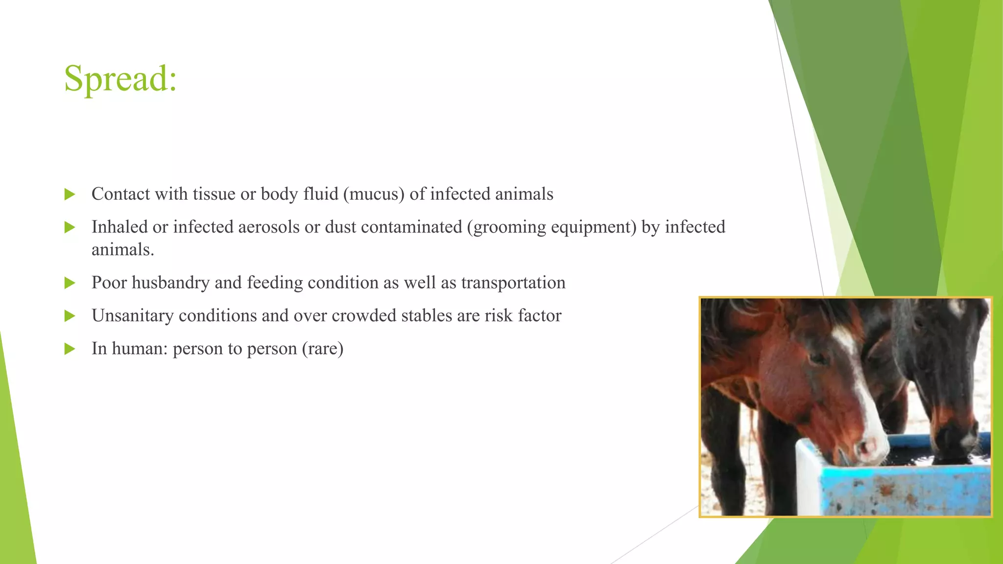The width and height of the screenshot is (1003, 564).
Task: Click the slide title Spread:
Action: click(120, 78)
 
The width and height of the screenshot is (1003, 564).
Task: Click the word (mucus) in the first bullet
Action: click(374, 194)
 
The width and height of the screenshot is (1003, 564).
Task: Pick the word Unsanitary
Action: click(132, 316)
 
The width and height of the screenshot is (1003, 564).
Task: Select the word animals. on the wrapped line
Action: click(122, 250)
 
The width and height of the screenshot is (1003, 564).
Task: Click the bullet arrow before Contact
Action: click(70, 194)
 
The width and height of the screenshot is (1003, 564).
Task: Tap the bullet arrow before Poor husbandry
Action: click(70, 283)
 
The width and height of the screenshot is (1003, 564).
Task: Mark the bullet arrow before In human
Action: click(70, 349)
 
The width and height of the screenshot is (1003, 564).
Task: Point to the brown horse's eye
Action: click(817, 359)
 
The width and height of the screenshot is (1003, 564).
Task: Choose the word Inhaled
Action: click(119, 227)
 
